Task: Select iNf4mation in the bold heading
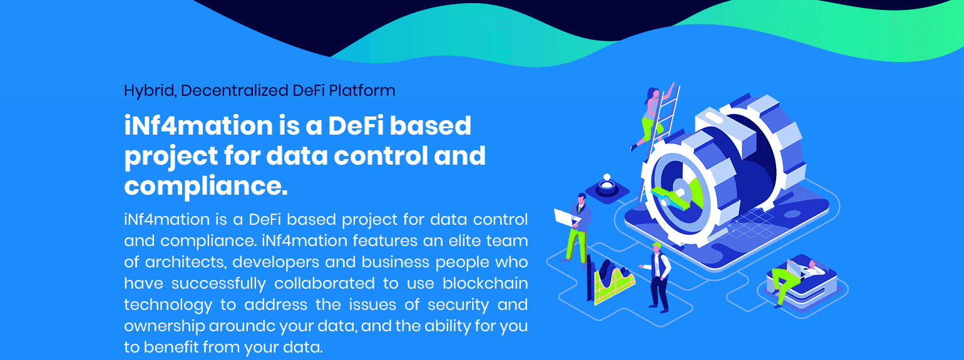[x=198, y=126]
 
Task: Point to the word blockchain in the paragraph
[x=485, y=284]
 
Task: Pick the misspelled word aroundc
[x=242, y=326]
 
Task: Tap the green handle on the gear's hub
[x=669, y=198]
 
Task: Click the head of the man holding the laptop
[x=582, y=199]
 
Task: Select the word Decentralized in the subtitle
[x=234, y=90]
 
